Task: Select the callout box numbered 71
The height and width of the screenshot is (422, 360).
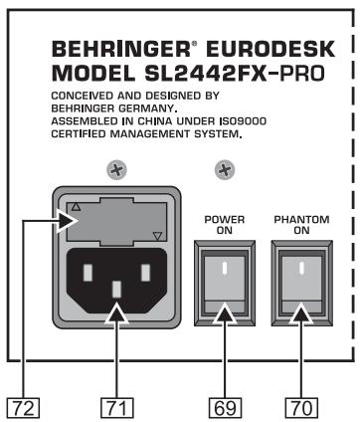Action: (118, 405)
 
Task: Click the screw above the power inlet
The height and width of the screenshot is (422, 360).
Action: (116, 172)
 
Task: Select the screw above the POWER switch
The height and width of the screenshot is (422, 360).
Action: (225, 172)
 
